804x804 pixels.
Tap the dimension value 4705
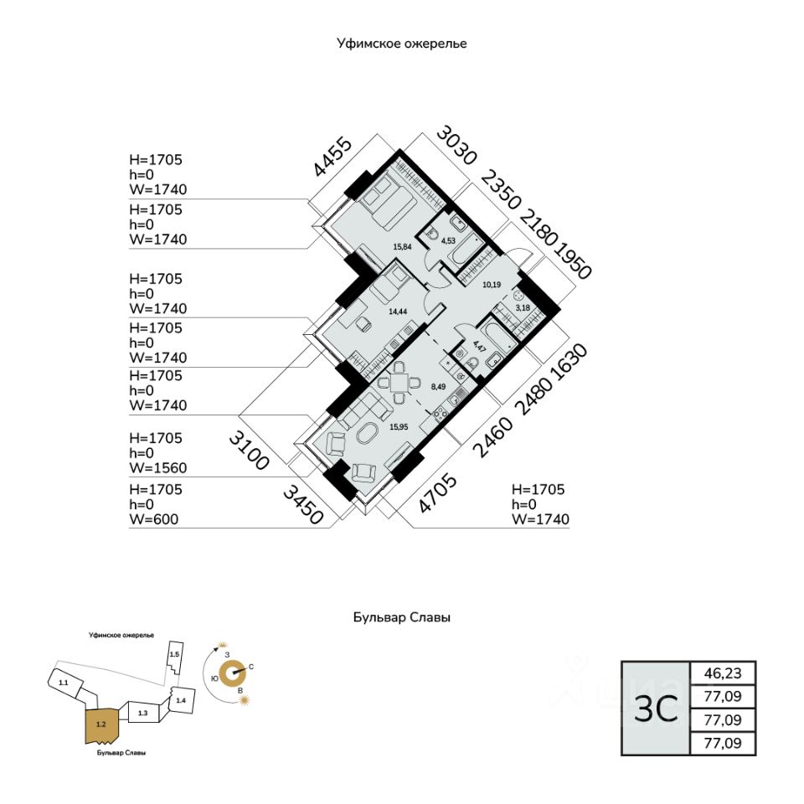pyautogui.click(x=438, y=493)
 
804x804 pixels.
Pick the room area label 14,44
pyautogui.click(x=399, y=311)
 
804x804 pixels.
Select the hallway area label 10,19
pyautogui.click(x=492, y=283)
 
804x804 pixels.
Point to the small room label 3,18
pyautogui.click(x=523, y=308)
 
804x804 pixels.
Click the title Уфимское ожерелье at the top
pyautogui.click(x=402, y=44)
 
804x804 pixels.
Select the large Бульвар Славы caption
pyautogui.click(x=402, y=618)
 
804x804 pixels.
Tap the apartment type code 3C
pyautogui.click(x=655, y=709)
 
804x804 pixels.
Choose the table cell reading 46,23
pyautogui.click(x=722, y=673)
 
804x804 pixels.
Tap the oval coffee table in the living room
pyautogui.click(x=368, y=435)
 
